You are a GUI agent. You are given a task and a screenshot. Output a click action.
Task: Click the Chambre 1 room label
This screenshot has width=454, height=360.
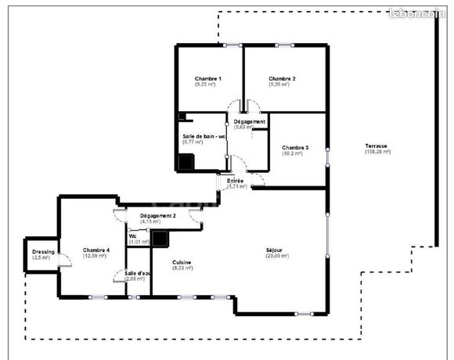point(207,79)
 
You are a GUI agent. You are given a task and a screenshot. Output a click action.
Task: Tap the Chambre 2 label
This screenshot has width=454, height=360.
point(282,79)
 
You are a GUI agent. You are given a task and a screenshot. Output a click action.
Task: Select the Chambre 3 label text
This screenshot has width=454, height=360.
point(295,147)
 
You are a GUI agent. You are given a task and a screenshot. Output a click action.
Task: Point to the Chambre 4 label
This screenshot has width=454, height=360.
point(96,250)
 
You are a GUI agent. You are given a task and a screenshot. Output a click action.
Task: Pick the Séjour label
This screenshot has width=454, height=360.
point(273,250)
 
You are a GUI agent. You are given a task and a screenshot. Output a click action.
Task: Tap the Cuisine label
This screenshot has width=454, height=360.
point(182,262)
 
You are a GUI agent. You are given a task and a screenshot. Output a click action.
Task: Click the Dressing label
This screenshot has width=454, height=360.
point(42,250)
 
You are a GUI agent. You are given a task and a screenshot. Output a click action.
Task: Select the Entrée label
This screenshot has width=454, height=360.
point(235,181)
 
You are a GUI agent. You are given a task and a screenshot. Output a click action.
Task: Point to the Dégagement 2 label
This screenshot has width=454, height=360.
point(158,215)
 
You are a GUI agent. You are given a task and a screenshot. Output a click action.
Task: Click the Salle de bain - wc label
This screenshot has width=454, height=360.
point(204,136)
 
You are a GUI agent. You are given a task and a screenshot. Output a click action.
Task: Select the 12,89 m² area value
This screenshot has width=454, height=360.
point(96,256)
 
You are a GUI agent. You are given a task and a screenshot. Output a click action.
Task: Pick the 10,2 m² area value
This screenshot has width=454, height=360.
point(292,153)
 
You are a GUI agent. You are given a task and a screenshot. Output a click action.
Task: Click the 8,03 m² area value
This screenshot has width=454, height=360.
point(182,268)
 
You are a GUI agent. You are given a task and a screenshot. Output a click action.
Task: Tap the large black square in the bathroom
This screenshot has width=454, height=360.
point(186,162)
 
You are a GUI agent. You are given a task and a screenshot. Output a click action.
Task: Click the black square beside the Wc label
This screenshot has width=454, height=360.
point(160,239)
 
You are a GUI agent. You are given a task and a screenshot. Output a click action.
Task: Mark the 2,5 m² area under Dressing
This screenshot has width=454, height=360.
point(42,257)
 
